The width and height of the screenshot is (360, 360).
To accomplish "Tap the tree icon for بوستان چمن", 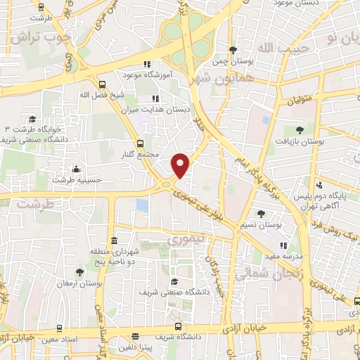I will [233, 49].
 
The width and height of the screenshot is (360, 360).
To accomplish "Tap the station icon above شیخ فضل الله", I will [102, 83].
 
